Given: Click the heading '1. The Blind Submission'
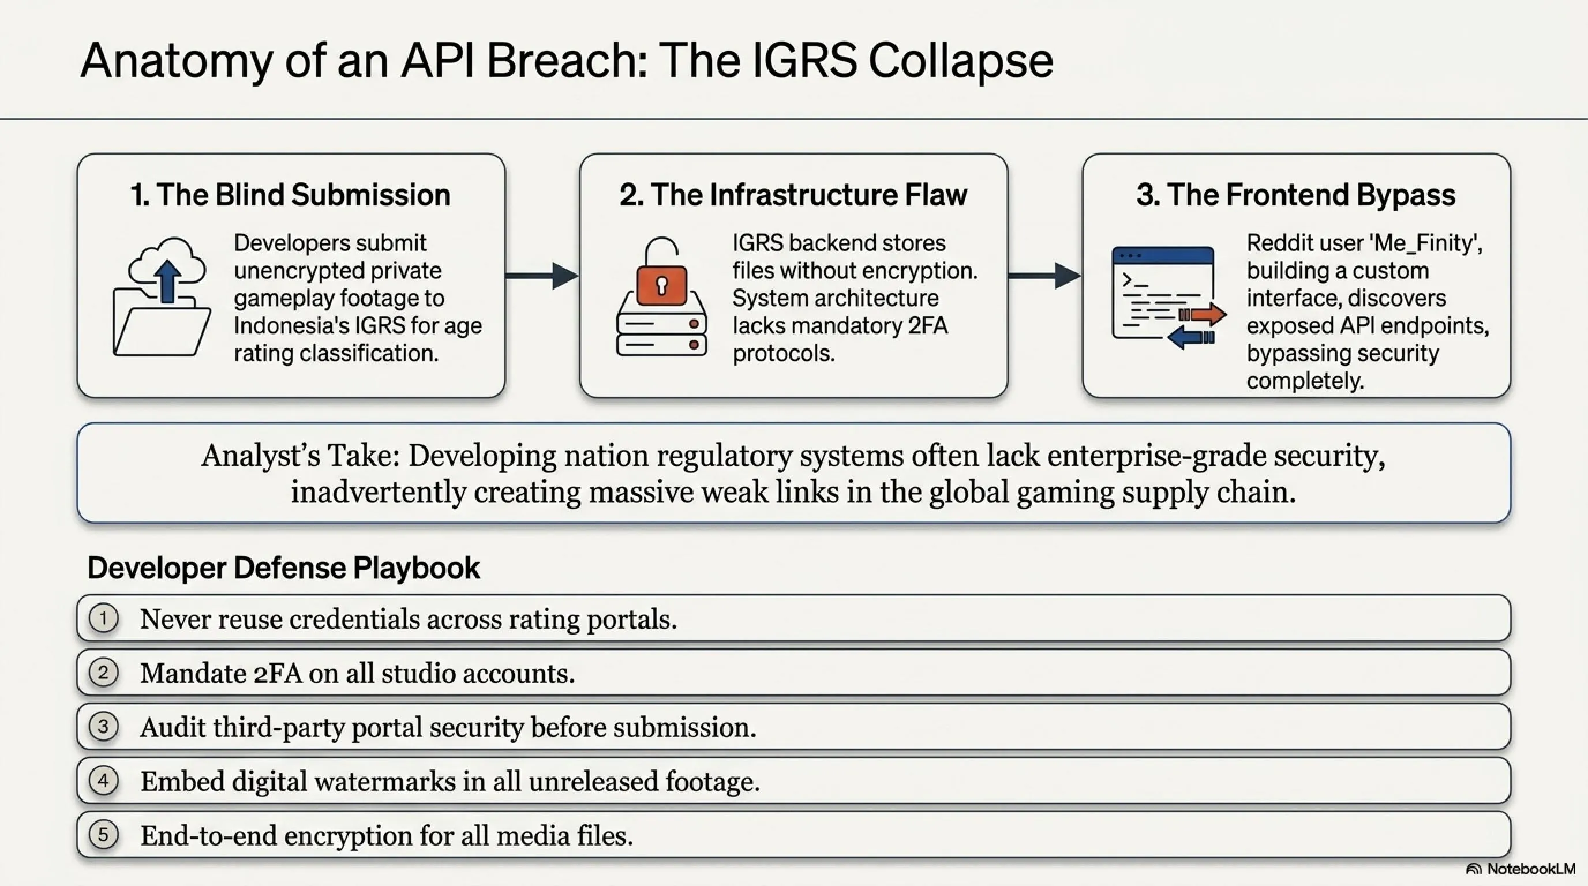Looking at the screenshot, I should click(x=290, y=195).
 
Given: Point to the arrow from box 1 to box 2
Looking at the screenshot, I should click(x=542, y=275).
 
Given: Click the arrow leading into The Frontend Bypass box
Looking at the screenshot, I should click(x=1044, y=275).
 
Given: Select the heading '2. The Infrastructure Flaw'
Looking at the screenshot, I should click(x=793, y=195).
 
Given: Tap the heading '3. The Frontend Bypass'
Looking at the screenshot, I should click(x=1296, y=195).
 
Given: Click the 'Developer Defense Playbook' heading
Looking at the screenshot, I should click(x=283, y=568).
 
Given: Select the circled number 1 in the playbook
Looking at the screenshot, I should click(x=103, y=618).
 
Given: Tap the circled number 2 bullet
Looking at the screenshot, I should click(x=103, y=672).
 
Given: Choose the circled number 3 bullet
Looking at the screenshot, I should click(x=103, y=726).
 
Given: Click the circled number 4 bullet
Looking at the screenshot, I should click(x=103, y=780).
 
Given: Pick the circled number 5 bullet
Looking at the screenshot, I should click(x=103, y=835).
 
